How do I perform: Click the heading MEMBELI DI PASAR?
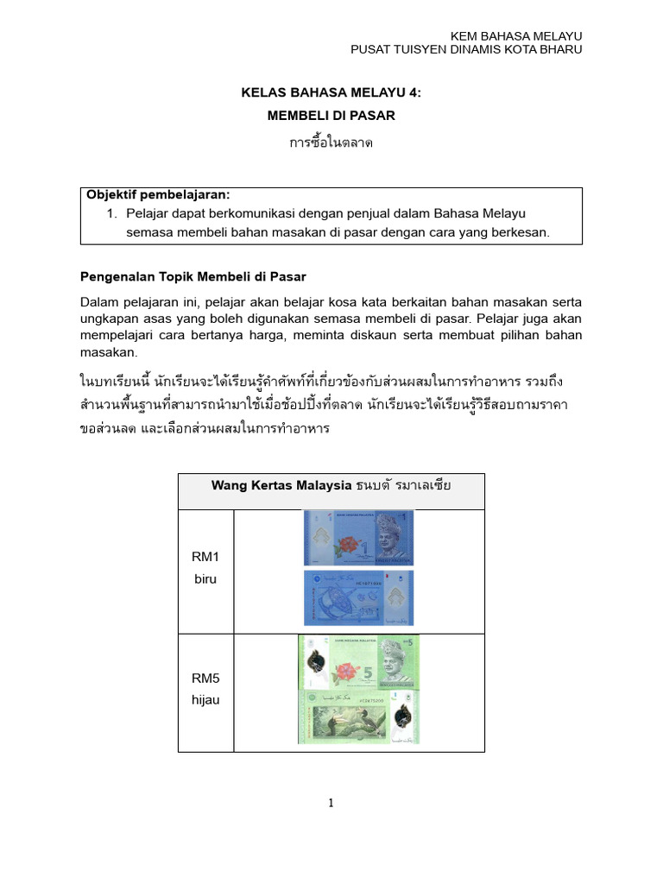tap(331, 115)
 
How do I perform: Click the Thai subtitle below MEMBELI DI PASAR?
tap(331, 142)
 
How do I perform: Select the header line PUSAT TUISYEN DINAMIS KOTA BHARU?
tap(466, 49)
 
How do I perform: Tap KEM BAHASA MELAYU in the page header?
tap(517, 35)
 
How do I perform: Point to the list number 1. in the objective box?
tap(110, 213)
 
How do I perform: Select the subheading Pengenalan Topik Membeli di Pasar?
tap(193, 276)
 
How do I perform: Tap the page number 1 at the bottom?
tap(331, 803)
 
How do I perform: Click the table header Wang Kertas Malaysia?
tap(281, 485)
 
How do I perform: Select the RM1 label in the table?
tap(205, 558)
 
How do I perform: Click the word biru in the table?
tap(205, 578)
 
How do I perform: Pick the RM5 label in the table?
tap(205, 679)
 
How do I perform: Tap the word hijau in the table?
tap(205, 699)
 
